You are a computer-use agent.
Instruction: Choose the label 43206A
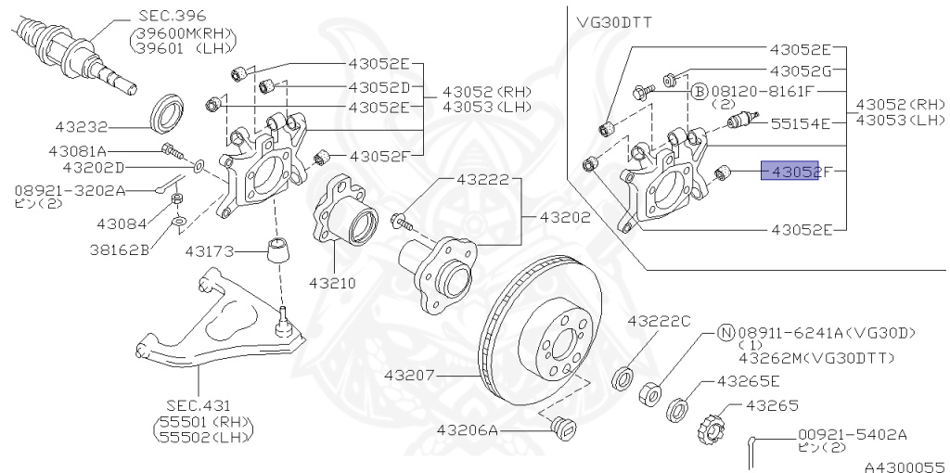(469, 430)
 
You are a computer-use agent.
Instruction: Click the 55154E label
(802, 121)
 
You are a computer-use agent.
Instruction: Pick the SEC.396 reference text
(173, 17)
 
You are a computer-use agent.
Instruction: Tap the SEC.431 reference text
(199, 404)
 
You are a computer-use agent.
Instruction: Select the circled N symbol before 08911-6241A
(725, 331)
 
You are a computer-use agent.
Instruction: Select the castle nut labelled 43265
(711, 428)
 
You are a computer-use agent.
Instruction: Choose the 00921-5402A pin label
(852, 434)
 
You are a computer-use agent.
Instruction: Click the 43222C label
(659, 321)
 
